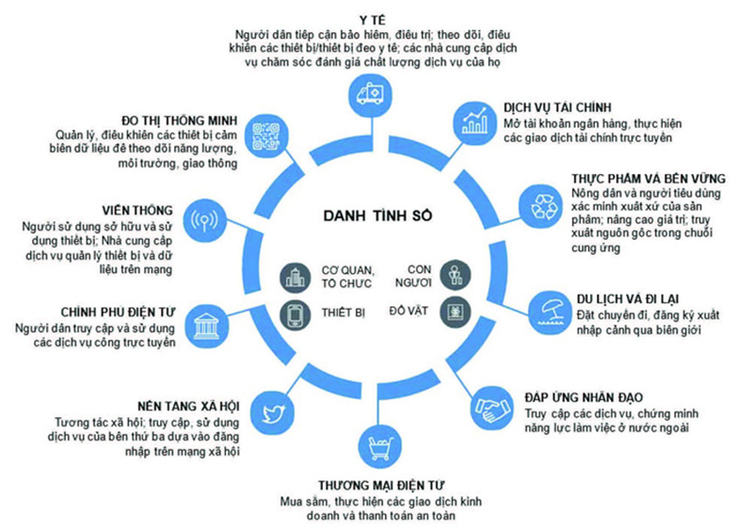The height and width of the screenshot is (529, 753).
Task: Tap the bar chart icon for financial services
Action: click(473, 121)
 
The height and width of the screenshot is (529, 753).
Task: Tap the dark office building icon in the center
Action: click(291, 277)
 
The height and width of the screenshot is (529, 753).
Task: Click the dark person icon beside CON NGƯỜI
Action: click(454, 277)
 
